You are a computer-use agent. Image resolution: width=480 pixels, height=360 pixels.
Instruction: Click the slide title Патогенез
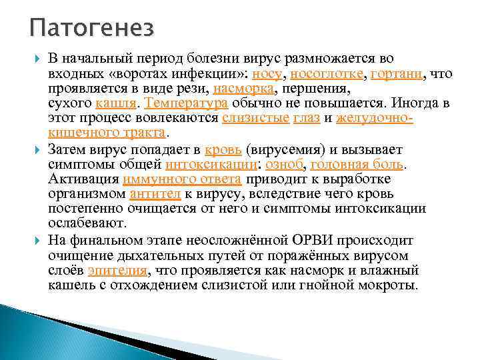(x=92, y=29)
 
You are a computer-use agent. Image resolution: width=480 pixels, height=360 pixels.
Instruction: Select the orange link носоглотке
(x=325, y=74)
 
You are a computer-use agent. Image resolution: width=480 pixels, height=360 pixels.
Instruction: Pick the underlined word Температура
(x=186, y=103)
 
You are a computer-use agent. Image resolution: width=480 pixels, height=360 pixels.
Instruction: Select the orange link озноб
(x=285, y=164)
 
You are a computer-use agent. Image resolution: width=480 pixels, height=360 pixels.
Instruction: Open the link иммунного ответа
(x=181, y=179)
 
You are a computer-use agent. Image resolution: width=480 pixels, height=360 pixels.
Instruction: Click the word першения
(x=316, y=89)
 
